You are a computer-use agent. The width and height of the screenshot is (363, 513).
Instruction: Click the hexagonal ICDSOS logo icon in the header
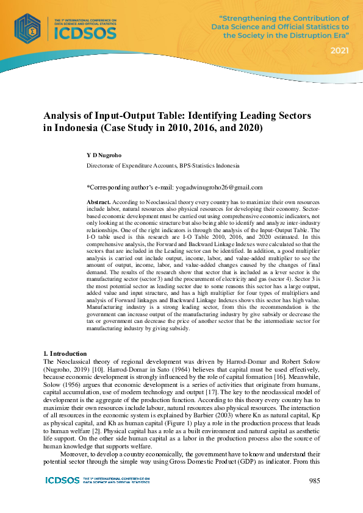pyautogui.click(x=28, y=27)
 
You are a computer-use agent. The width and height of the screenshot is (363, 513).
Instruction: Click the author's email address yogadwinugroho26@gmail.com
pyautogui.click(x=212, y=187)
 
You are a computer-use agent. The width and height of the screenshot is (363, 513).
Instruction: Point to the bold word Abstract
pyautogui.click(x=98, y=201)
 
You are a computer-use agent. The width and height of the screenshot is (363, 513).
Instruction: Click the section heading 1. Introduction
pyautogui.click(x=67, y=353)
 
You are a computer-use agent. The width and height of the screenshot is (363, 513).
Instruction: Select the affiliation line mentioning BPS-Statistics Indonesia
pyautogui.click(x=163, y=166)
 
